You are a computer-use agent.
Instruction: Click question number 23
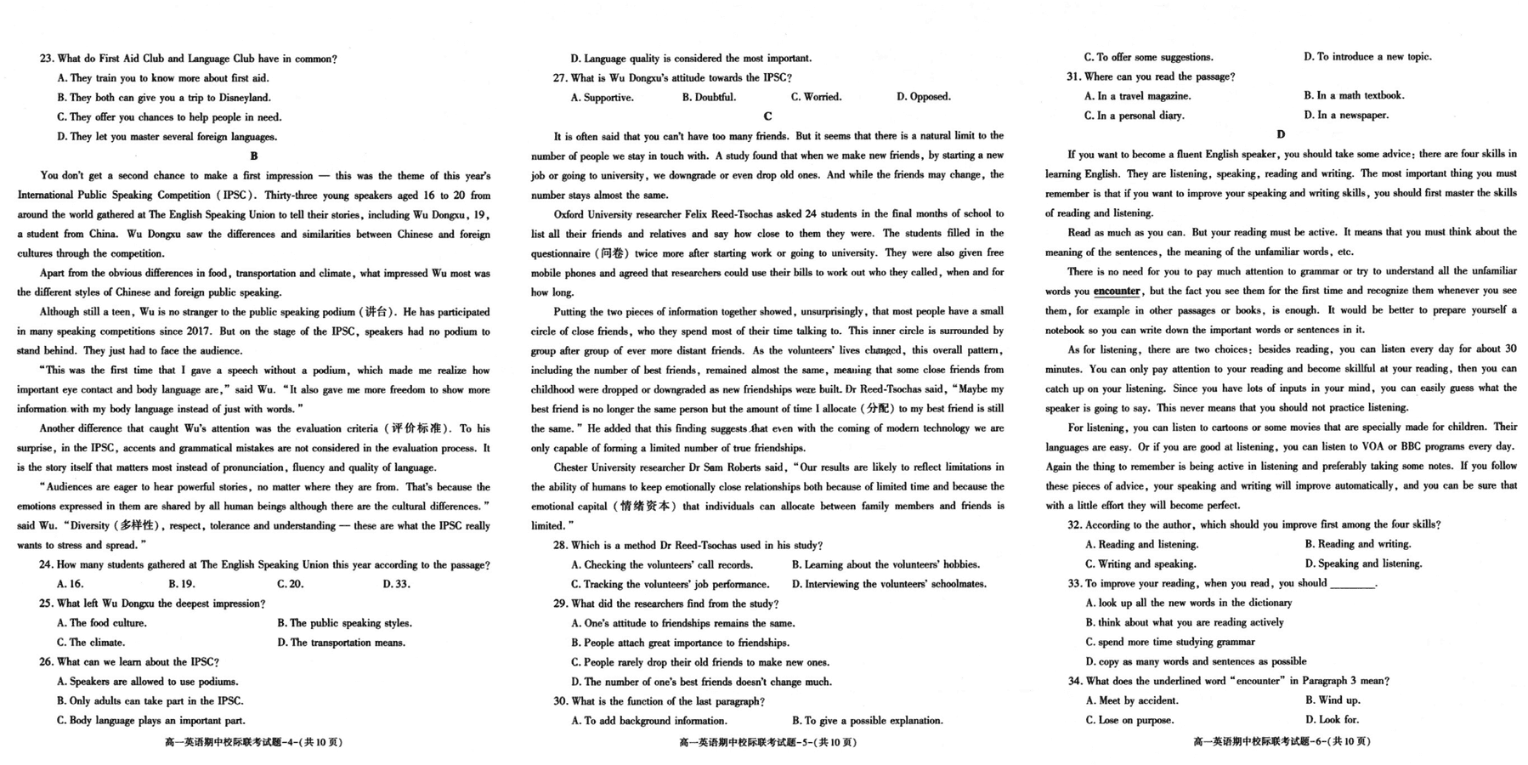point(47,59)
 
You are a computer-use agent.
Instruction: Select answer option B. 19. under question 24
point(182,584)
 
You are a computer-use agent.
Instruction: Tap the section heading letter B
point(254,156)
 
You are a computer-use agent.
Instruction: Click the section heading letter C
point(767,116)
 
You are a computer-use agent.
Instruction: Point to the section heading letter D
point(1281,134)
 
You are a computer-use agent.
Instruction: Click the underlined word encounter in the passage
point(1117,291)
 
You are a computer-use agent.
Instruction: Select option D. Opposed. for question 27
point(924,97)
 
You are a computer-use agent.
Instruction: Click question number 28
point(560,546)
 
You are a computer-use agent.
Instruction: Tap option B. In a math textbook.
point(1354,96)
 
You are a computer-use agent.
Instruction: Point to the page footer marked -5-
point(767,742)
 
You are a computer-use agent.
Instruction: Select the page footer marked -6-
point(1282,742)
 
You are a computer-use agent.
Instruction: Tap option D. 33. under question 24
point(396,584)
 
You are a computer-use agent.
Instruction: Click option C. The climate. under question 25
point(91,643)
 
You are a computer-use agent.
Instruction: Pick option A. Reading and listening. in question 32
point(1141,545)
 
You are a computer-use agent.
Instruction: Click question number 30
point(560,702)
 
